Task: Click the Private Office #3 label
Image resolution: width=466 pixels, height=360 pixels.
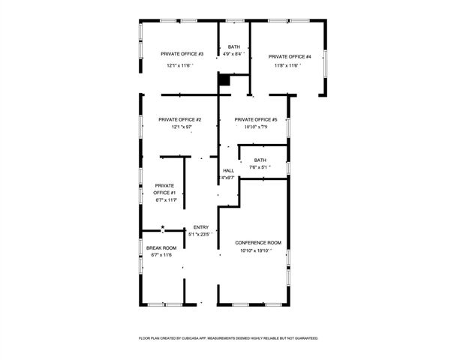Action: point(182,54)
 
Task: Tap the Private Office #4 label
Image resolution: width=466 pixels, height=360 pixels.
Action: point(290,56)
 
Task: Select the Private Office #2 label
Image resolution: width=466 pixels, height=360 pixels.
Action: point(179,119)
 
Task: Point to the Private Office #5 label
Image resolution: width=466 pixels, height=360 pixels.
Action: point(256,119)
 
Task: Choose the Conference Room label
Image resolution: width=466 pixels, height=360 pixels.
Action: point(258,242)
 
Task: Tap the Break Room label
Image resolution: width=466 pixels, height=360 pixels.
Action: point(161,247)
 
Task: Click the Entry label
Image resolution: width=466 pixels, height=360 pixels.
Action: point(201,227)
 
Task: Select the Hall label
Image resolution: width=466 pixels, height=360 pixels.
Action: point(228,170)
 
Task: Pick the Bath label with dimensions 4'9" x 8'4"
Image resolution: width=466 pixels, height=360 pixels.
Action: point(234,46)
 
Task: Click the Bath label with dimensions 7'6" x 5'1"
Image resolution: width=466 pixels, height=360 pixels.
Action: point(260,160)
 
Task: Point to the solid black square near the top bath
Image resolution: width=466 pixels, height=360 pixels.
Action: point(224,78)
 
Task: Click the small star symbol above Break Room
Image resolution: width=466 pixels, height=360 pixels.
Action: point(162,227)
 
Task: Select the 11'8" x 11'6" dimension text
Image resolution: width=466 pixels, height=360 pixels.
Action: point(287,65)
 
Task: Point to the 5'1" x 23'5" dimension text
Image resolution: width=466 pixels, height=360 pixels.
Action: point(201,235)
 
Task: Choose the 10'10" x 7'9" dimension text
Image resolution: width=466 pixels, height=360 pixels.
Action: point(256,127)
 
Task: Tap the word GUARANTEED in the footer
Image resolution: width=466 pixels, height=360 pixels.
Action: point(301,338)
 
